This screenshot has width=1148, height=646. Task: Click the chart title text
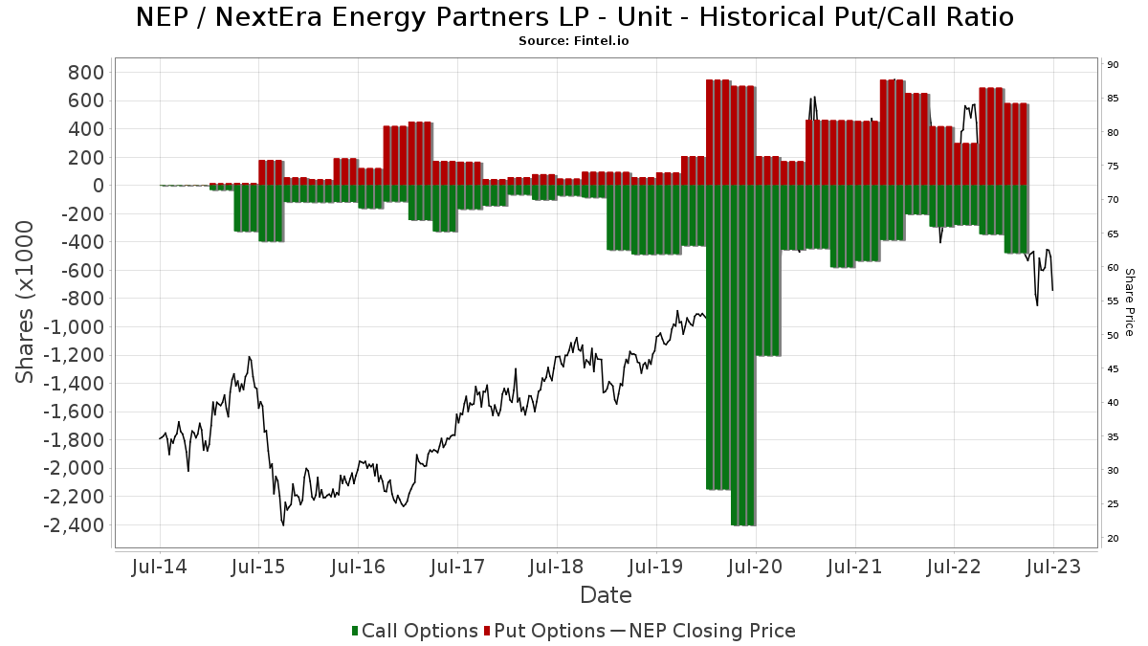click(574, 17)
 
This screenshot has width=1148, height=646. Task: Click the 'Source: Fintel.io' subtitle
click(574, 41)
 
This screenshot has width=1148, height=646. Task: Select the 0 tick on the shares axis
click(98, 186)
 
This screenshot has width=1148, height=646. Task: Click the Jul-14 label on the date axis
click(160, 567)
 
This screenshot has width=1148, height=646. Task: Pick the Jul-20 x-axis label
click(756, 567)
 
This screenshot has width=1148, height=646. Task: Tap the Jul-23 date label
click(1053, 567)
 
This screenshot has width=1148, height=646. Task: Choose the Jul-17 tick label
click(457, 567)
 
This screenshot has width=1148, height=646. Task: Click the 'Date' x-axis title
click(606, 595)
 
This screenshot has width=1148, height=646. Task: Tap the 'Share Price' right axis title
click(1129, 301)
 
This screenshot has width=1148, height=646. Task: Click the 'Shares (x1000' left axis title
click(26, 301)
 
